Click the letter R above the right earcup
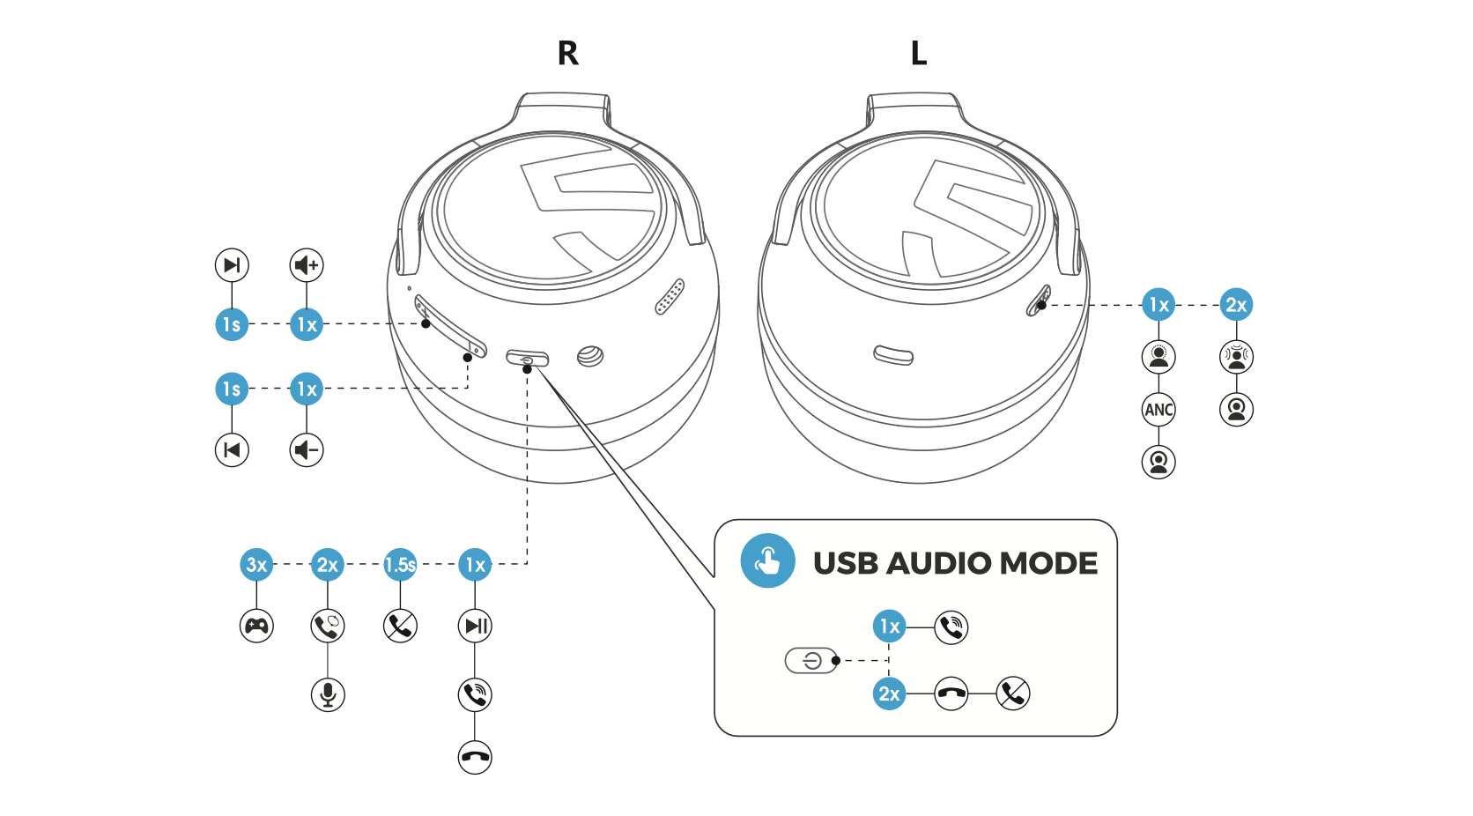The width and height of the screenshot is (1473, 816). click(x=568, y=54)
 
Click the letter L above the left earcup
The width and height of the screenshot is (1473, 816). click(x=918, y=54)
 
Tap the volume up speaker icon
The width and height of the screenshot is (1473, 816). click(x=307, y=265)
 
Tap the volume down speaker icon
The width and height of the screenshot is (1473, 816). click(x=307, y=450)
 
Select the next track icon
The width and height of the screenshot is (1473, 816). click(x=232, y=265)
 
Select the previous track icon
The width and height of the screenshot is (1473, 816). click(x=232, y=450)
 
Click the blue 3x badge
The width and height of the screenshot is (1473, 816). click(x=256, y=565)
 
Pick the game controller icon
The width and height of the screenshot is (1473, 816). click(x=256, y=627)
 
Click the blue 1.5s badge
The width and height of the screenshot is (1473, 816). click(x=400, y=565)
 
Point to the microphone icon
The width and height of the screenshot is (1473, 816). click(x=328, y=695)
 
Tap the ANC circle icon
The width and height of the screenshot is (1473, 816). click(x=1158, y=410)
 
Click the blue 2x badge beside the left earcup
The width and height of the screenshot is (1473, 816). click(x=1236, y=305)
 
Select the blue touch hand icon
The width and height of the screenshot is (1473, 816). click(x=767, y=561)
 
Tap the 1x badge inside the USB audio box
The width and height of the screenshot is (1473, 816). click(x=890, y=627)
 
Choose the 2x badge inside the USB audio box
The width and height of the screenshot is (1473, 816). click(x=890, y=694)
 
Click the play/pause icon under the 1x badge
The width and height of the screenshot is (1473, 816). click(x=475, y=627)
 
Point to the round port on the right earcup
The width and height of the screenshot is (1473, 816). click(x=590, y=356)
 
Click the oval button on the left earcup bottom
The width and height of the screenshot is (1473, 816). click(x=893, y=355)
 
